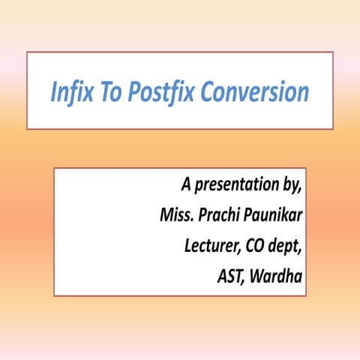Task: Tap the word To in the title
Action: [107, 93]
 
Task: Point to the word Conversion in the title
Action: [250, 93]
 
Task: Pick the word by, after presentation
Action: [292, 184]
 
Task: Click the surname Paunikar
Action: [275, 215]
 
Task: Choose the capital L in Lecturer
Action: [187, 246]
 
